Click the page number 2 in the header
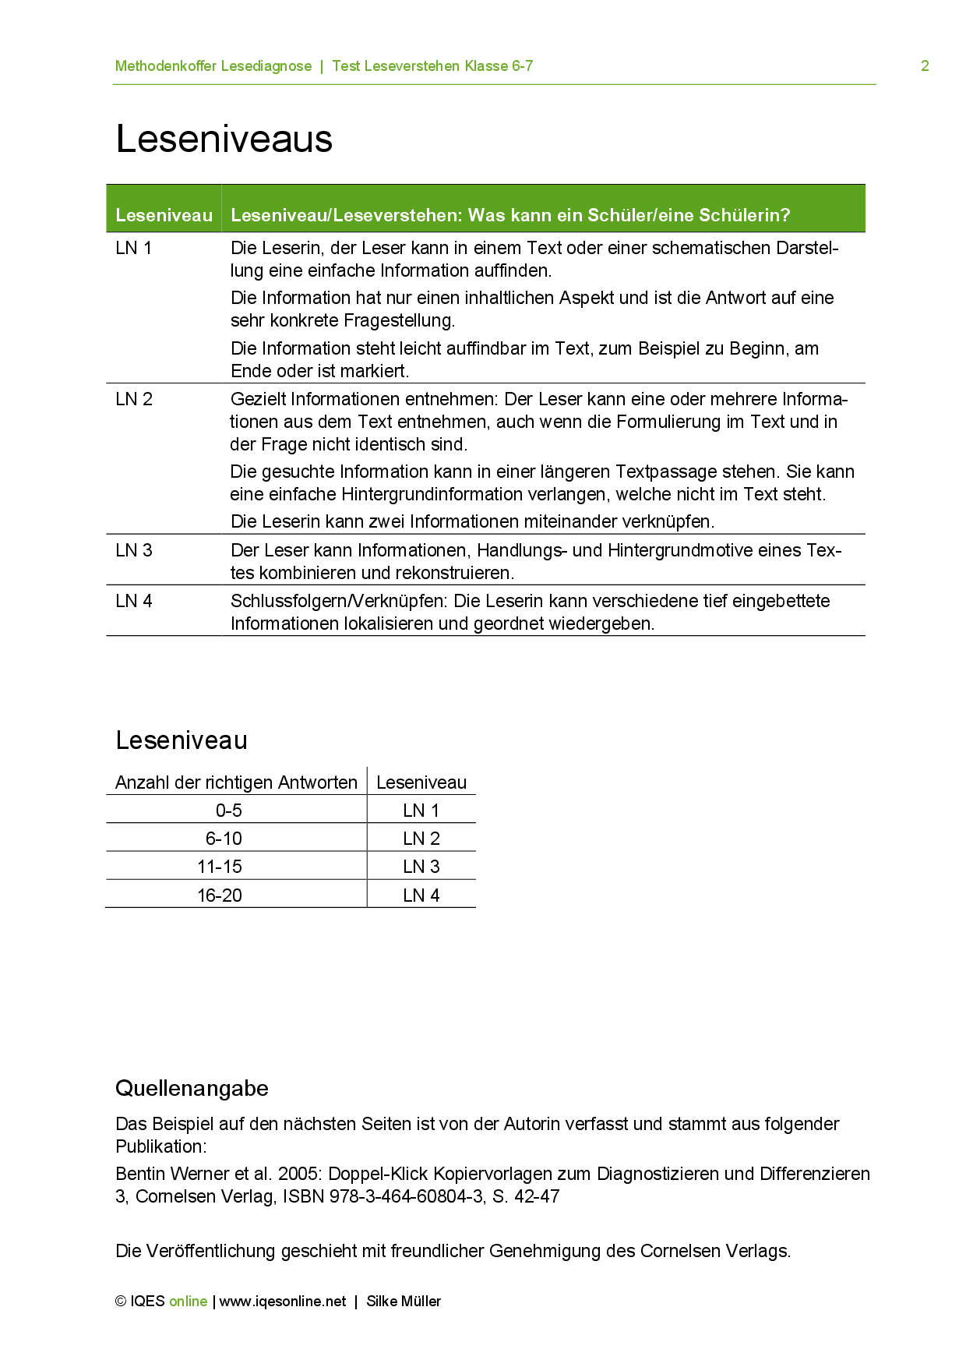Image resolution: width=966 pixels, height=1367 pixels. pyautogui.click(x=925, y=66)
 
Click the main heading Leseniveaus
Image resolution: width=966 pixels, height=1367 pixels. pyautogui.click(x=224, y=140)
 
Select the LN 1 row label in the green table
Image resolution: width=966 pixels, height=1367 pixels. pyautogui.click(x=134, y=249)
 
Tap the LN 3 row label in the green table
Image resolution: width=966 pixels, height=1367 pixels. pyautogui.click(x=134, y=551)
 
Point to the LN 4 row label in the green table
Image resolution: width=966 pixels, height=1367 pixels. pyautogui.click(x=134, y=602)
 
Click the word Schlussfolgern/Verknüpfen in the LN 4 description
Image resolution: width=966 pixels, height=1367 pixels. pyautogui.click(x=339, y=602)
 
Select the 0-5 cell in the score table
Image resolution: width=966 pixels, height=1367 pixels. pyautogui.click(x=229, y=811)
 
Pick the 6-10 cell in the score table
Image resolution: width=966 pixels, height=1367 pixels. pyautogui.click(x=224, y=839)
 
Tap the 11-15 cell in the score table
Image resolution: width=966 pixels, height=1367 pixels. pyautogui.click(x=220, y=867)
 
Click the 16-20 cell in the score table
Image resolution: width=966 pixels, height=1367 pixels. pyautogui.click(x=220, y=895)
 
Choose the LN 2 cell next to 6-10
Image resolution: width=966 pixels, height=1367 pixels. pyautogui.click(x=421, y=839)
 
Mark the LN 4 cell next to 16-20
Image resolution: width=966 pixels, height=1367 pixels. pyautogui.click(x=421, y=895)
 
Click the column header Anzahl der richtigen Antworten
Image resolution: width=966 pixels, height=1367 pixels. pyautogui.click(x=236, y=782)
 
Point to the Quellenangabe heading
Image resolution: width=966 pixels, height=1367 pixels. pyautogui.click(x=192, y=1089)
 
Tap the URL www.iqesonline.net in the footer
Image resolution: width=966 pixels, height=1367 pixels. pyautogui.click(x=283, y=1302)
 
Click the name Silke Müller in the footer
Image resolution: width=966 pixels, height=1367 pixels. pyautogui.click(x=404, y=1302)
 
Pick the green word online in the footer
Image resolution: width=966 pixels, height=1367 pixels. pyautogui.click(x=189, y=1302)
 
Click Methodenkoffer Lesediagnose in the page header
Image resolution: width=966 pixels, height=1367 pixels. pyautogui.click(x=213, y=66)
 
